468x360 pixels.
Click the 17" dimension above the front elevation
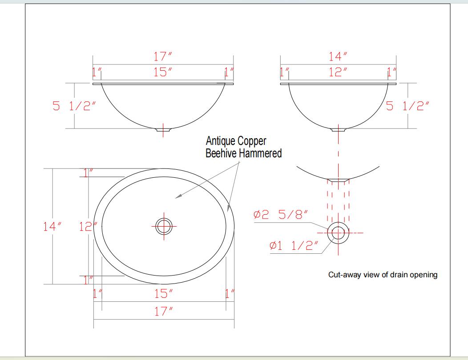[163, 57]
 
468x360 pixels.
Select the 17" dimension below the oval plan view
[163, 311]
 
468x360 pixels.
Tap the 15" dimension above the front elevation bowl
[163, 72]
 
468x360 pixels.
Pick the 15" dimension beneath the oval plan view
[163, 293]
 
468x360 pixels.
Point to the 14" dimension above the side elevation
[338, 57]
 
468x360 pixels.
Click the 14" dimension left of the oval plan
[52, 226]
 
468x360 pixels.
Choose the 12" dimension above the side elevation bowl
[338, 72]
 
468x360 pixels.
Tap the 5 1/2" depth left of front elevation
[74, 106]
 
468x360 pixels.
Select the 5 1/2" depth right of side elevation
[408, 106]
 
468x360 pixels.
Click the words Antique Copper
[236, 141]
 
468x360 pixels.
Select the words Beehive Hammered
[243, 154]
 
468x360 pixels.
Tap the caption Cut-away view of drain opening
[383, 275]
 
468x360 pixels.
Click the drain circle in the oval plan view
[163, 226]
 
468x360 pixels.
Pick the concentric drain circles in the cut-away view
[338, 232]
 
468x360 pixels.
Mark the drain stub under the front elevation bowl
[163, 130]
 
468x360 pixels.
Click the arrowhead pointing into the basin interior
[177, 198]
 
